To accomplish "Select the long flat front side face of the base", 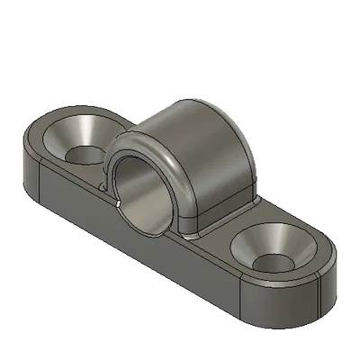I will (x=135, y=243).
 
